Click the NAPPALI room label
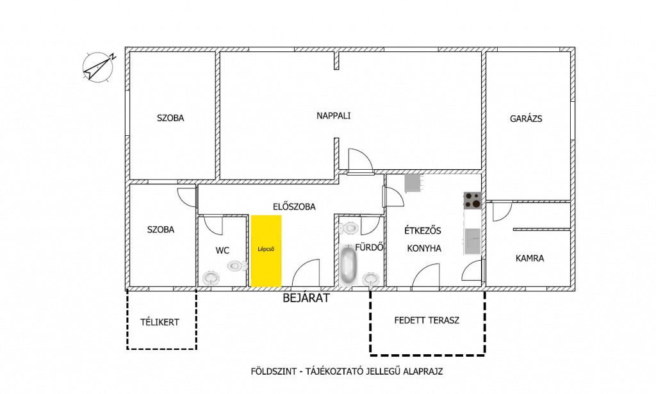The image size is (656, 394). (x=333, y=116)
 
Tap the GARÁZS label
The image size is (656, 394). (x=526, y=119)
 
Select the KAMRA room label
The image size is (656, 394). (x=530, y=258)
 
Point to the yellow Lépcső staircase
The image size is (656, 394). (x=266, y=251)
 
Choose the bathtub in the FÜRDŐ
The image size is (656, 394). (x=348, y=265)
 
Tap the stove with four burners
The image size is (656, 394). (x=473, y=201)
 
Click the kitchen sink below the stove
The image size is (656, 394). (x=472, y=242)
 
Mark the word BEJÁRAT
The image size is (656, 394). (x=306, y=298)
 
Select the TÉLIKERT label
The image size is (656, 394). (x=160, y=322)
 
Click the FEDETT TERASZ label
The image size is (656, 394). (x=427, y=321)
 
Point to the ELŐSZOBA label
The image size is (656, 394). (x=294, y=207)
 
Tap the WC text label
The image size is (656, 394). (x=222, y=251)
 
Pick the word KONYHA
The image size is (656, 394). (x=424, y=249)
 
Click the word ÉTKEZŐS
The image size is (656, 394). (x=423, y=231)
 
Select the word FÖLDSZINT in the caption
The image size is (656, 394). (x=273, y=372)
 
